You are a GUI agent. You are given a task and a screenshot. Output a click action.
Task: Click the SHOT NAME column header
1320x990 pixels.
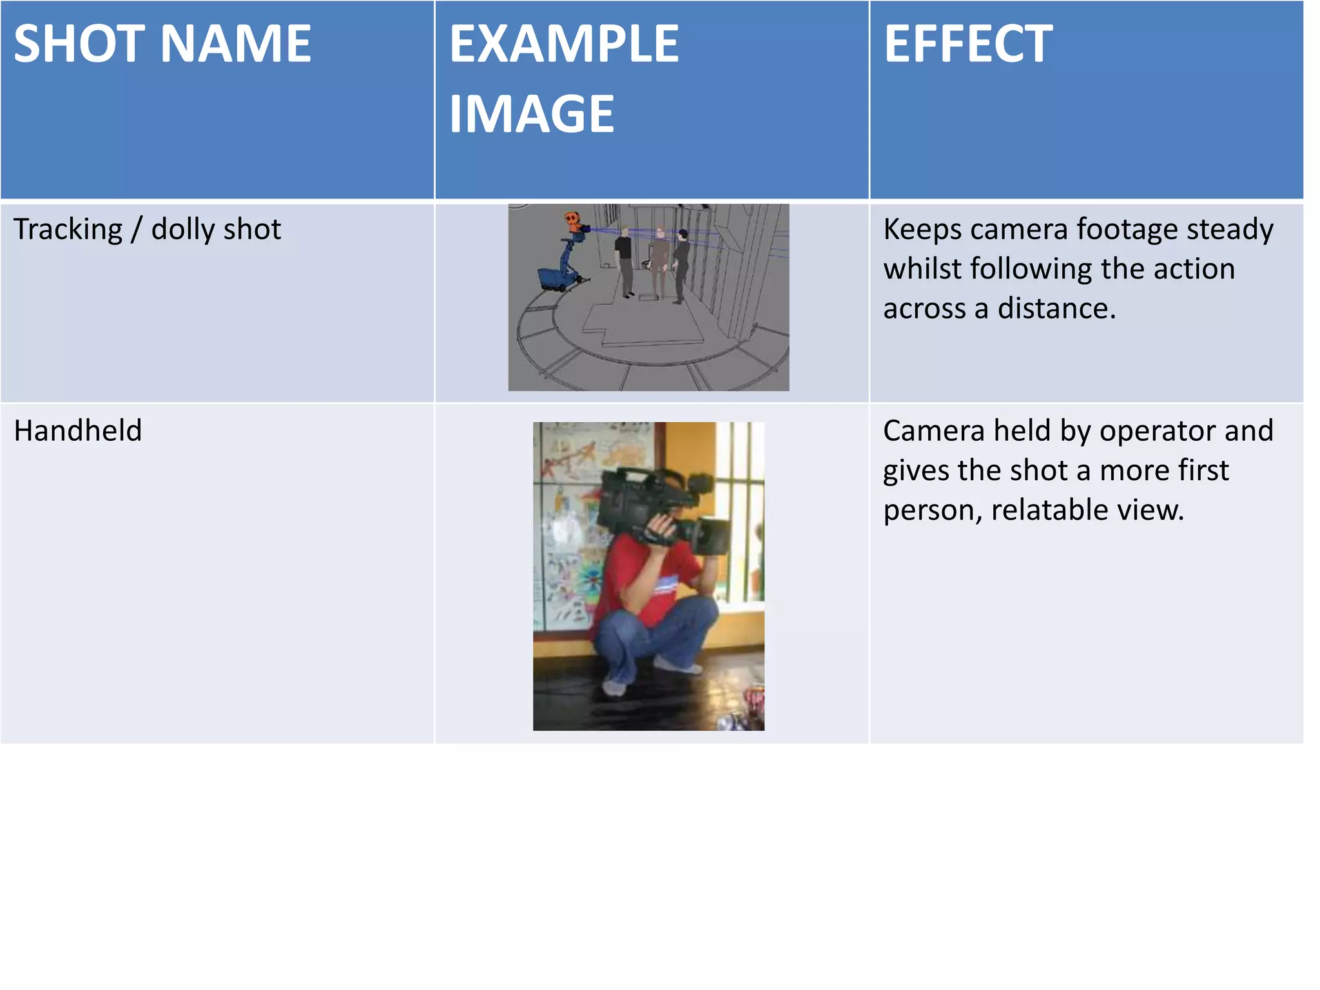[162, 44]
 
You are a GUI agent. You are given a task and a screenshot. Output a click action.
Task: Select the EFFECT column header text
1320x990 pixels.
[968, 44]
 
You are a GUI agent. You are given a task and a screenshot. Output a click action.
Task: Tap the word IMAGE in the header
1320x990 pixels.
[532, 114]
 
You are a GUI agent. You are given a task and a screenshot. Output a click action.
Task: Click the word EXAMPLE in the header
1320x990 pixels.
[564, 44]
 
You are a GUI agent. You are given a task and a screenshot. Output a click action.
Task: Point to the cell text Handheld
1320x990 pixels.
[78, 431]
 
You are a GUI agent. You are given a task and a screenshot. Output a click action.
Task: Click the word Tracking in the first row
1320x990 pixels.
[68, 230]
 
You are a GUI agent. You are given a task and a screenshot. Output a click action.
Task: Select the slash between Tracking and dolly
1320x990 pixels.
[136, 230]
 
